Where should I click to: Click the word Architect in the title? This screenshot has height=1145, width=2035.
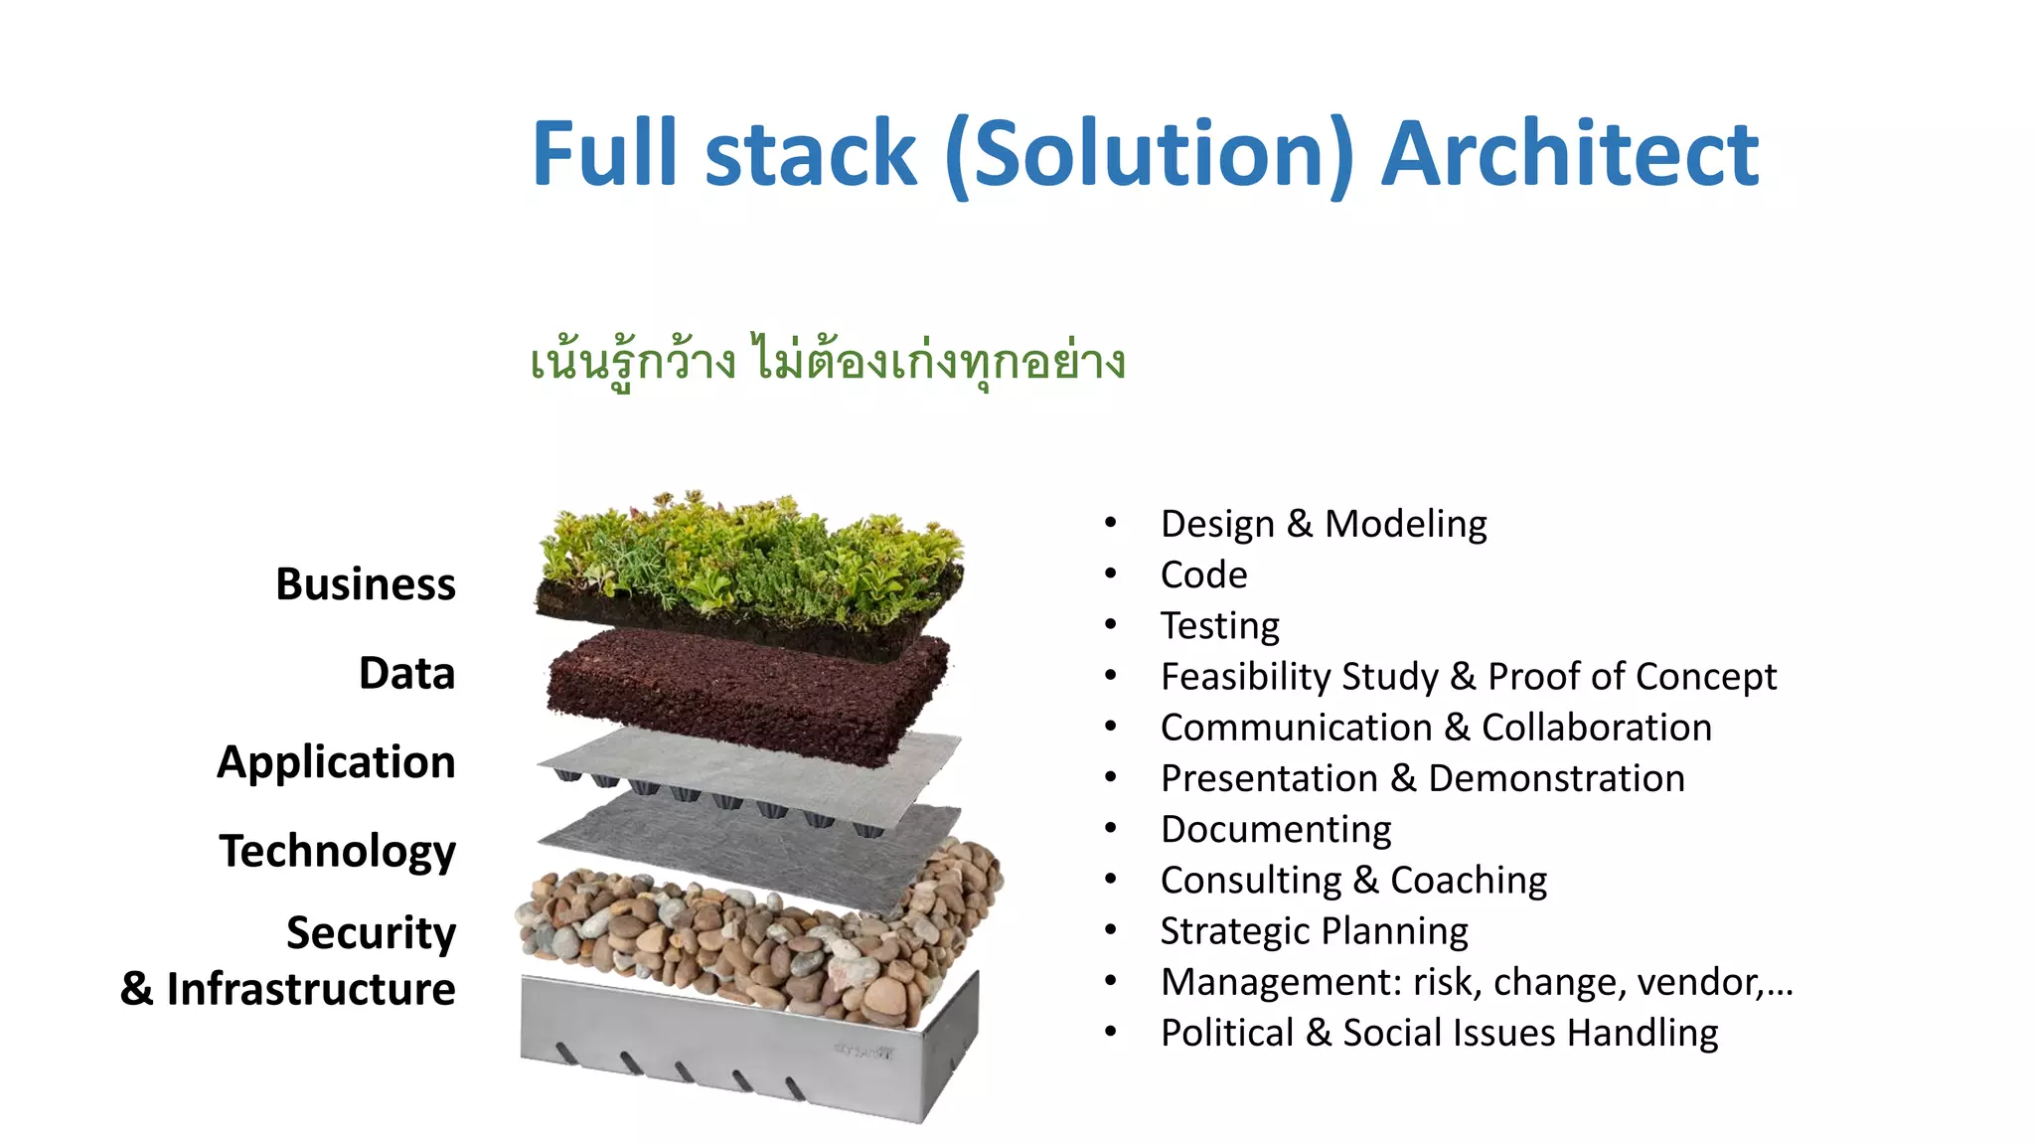point(1570,154)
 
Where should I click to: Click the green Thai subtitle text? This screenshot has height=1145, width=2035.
point(828,361)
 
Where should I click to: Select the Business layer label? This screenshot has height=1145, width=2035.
point(366,584)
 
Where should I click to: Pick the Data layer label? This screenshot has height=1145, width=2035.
point(407,674)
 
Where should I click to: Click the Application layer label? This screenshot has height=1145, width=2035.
point(337,762)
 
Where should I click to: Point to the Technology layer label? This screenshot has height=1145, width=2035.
point(338,852)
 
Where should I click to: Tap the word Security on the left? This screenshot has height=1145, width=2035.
point(372,933)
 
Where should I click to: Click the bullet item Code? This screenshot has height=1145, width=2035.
point(1203,574)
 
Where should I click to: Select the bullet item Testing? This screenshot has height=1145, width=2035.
point(1220,626)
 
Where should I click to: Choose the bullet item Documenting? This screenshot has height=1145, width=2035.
point(1276,829)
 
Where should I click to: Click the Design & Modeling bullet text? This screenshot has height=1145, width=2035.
point(1324,524)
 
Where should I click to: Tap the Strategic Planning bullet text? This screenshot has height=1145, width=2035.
point(1314,931)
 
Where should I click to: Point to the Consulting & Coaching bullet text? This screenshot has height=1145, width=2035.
point(1353,881)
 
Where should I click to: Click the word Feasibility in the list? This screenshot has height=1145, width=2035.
point(1249,677)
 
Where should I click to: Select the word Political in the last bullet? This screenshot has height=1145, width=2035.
point(1227,1033)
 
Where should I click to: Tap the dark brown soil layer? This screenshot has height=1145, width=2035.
point(745,691)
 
